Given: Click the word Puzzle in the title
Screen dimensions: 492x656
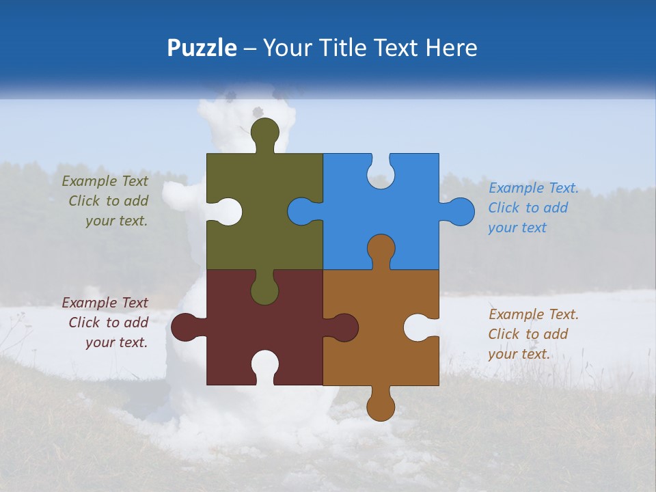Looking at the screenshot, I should click(202, 48).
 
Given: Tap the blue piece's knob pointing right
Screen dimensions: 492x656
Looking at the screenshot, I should click(459, 211).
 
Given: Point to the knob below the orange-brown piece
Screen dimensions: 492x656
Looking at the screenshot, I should click(381, 405).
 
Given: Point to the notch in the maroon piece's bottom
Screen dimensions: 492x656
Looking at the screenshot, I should click(264, 366).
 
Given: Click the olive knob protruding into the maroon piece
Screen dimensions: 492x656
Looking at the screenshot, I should click(264, 289).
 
